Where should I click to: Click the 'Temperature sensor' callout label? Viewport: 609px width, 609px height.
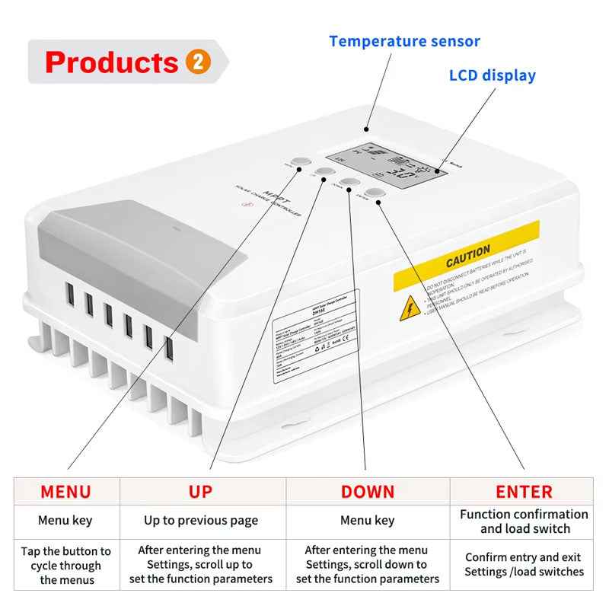[404, 41]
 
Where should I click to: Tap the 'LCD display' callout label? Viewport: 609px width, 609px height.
[492, 75]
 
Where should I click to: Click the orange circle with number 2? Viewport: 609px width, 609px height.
[197, 62]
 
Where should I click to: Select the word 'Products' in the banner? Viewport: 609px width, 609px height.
[111, 62]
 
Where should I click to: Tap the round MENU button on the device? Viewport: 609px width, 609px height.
[300, 162]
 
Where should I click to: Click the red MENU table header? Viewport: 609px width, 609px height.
[65, 491]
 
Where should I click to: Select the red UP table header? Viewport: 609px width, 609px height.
[201, 491]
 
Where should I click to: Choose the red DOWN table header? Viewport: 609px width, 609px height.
[368, 491]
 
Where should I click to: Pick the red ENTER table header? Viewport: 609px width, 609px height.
[524, 491]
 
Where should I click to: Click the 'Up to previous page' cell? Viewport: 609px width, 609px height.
[201, 521]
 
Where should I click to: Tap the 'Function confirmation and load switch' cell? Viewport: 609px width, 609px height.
[524, 521]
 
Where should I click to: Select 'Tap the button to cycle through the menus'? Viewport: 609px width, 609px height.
[65, 565]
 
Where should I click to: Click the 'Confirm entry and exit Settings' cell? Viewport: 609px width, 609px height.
[524, 564]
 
